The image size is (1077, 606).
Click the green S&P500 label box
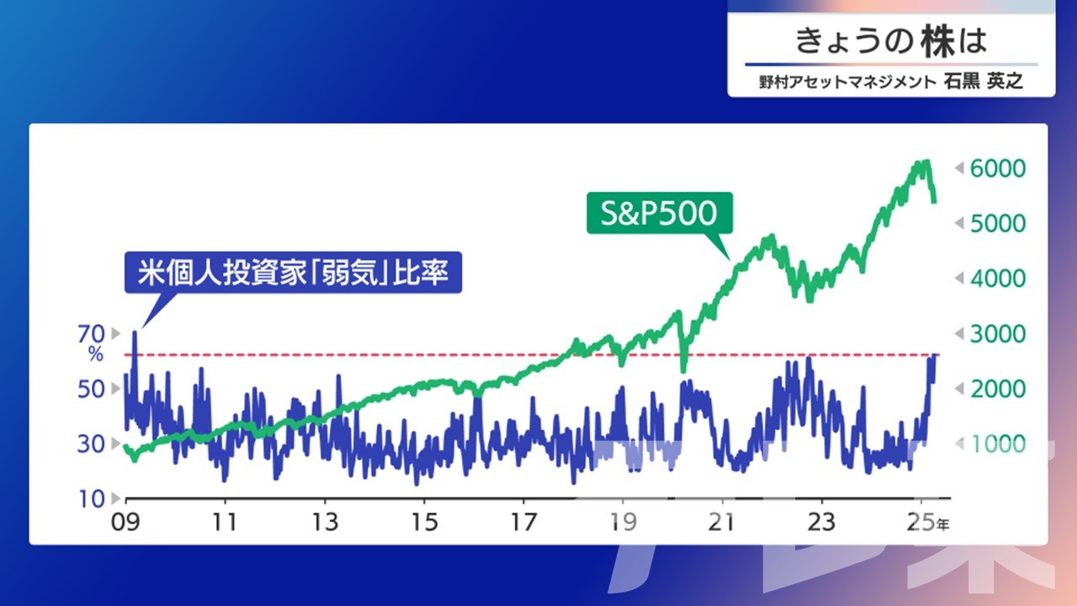(660, 213)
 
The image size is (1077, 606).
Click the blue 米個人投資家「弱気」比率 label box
(294, 272)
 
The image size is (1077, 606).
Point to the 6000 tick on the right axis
(998, 168)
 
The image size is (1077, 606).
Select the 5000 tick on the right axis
(998, 224)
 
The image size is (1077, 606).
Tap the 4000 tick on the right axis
(998, 279)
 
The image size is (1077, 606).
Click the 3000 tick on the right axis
(998, 334)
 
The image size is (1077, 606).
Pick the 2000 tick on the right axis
(998, 389)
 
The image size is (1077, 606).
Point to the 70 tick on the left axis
(92, 334)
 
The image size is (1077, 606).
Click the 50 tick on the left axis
(92, 389)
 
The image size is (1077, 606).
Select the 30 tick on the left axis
(92, 444)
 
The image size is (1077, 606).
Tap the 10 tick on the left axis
(92, 499)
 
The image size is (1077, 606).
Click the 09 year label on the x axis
(125, 523)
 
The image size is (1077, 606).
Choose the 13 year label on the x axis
(325, 523)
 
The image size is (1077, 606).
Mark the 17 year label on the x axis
(523, 523)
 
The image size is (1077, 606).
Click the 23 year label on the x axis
(821, 523)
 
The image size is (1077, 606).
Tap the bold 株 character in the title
(938, 41)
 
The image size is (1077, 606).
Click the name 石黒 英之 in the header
(984, 82)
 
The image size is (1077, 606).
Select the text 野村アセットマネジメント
(847, 82)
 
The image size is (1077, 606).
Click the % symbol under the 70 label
(96, 354)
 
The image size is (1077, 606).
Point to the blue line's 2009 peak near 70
(135, 332)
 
